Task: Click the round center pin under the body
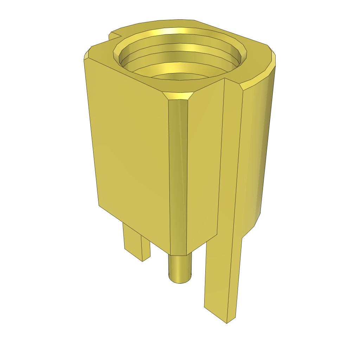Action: [180, 267]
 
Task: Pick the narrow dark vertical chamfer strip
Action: [178, 176]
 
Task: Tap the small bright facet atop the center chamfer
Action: [179, 95]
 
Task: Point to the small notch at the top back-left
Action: [115, 36]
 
